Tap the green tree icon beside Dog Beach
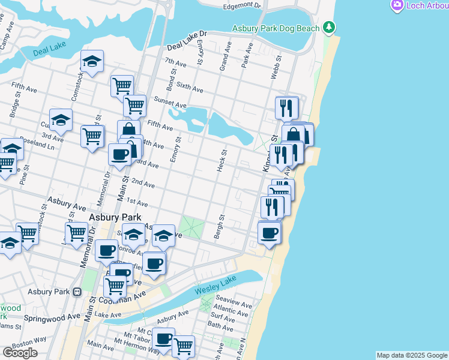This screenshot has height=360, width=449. click(328, 27)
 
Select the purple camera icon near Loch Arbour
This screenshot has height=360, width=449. click(397, 5)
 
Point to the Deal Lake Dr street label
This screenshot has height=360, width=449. click(187, 40)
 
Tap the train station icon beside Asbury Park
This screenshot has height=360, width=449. click(77, 292)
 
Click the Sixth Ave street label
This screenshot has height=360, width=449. click(190, 88)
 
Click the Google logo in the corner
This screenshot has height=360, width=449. click(20, 353)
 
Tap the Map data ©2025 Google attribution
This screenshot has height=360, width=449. click(412, 355)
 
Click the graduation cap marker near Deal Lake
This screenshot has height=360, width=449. click(92, 61)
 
